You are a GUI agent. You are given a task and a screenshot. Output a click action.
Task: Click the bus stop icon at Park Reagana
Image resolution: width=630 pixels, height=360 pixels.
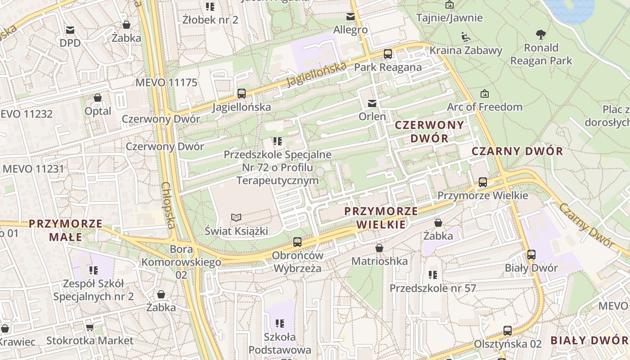[387, 54]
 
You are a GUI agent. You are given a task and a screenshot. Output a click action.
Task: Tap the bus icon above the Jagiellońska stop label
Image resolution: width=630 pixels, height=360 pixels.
[242, 94]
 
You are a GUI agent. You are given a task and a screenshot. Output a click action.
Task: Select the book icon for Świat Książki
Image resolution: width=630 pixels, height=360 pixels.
[236, 218]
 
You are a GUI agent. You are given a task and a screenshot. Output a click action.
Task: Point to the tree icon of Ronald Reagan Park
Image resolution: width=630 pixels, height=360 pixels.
[540, 34]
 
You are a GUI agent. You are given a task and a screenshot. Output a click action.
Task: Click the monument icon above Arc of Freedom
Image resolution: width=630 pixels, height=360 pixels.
[485, 94]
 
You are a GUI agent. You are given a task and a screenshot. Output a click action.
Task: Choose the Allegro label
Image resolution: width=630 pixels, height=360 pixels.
[351, 30]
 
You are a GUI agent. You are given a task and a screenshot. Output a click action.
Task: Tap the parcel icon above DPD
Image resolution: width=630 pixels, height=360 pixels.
[70, 30]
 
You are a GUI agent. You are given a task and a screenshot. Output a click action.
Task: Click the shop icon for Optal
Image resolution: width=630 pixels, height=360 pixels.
[98, 98]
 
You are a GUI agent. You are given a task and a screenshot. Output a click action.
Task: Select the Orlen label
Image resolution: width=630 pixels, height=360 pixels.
[372, 117]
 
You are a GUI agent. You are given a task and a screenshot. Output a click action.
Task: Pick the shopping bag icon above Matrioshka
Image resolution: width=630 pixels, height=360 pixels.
[379, 248]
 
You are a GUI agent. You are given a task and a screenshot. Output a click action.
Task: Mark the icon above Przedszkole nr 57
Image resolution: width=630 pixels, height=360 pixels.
[433, 274]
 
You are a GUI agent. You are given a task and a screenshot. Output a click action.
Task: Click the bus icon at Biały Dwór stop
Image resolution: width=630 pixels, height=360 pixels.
[531, 254]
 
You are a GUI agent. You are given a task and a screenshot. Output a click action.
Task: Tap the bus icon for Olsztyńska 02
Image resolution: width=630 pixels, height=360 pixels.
[508, 330]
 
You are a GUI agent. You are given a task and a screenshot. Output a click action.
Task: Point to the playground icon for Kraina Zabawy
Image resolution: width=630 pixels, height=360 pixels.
[466, 36]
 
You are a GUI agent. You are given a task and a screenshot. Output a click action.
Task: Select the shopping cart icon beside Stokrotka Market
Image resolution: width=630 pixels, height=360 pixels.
[90, 327]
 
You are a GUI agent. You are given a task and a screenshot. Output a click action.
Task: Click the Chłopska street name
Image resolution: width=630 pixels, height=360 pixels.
[168, 205]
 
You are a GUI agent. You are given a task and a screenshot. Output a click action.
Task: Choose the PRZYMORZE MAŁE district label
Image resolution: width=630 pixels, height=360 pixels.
[66, 230]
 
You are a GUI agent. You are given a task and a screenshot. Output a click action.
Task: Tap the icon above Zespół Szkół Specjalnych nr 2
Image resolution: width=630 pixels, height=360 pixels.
[94, 270]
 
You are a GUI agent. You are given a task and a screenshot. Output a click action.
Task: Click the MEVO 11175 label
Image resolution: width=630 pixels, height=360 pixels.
[166, 82]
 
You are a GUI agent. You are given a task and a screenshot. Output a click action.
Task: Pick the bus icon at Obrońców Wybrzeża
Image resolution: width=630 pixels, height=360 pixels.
[297, 242]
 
